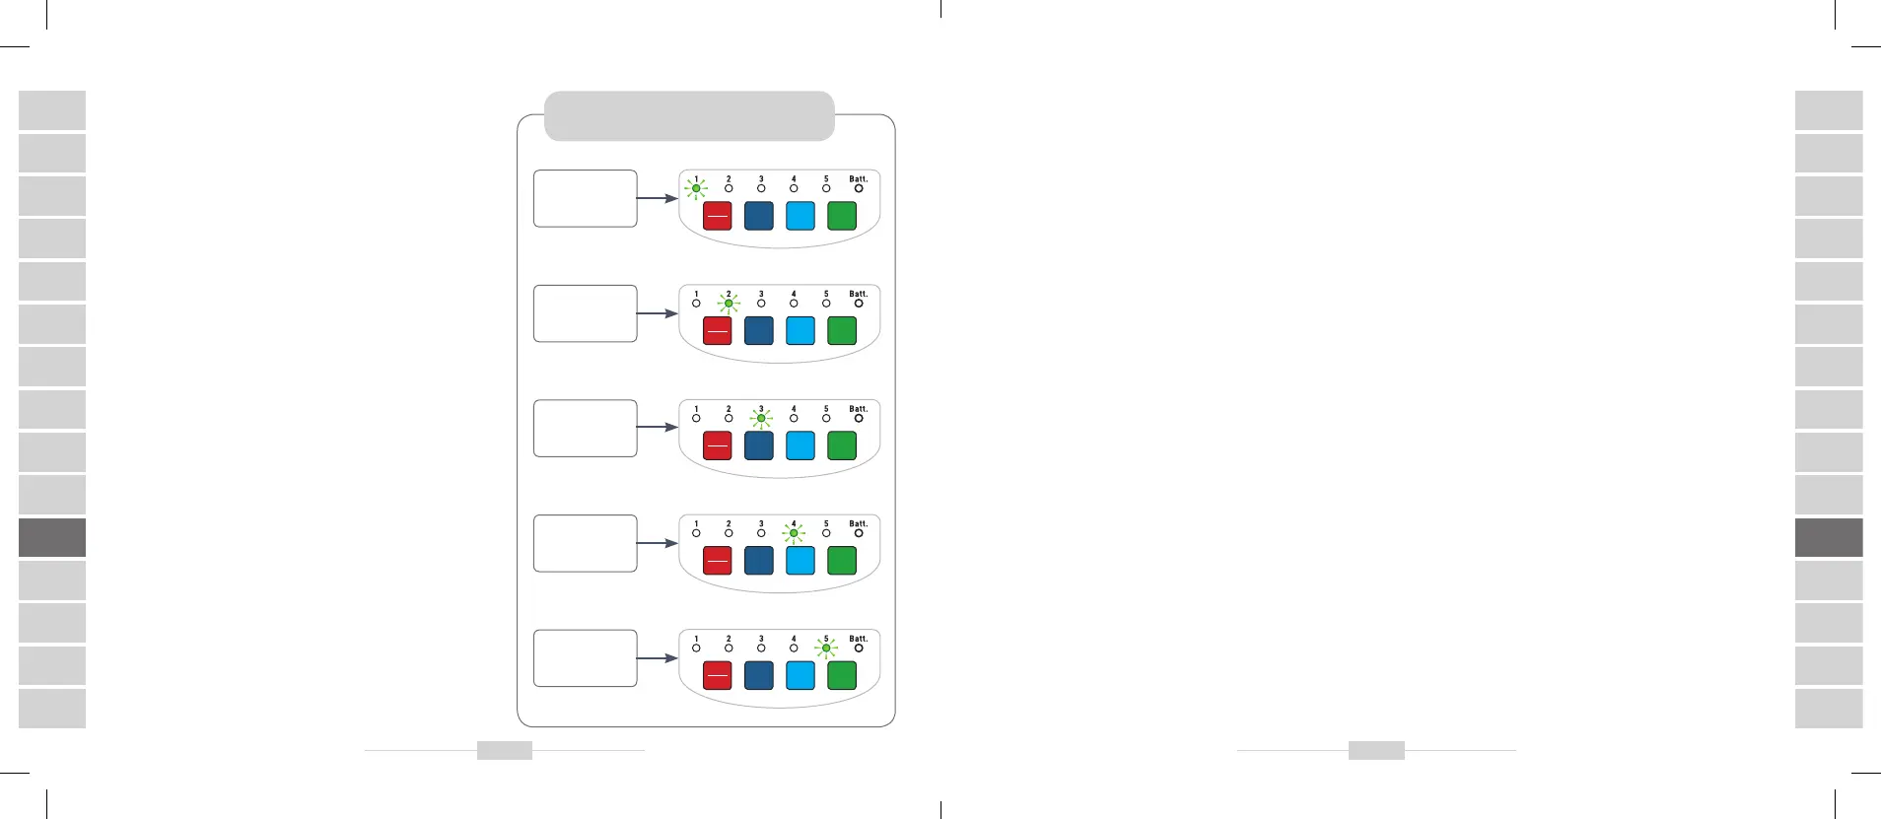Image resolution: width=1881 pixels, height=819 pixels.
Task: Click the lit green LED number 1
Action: coord(696,188)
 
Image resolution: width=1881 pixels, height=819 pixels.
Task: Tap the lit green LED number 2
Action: coord(729,304)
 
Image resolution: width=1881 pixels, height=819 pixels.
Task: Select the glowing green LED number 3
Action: coord(761,418)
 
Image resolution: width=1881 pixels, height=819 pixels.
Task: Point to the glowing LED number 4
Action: coord(794,533)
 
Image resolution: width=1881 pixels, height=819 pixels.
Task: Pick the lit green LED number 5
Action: coord(826,648)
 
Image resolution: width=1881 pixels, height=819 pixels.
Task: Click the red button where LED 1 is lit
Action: coord(717,216)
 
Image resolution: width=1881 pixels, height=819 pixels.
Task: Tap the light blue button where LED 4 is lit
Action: coord(800,561)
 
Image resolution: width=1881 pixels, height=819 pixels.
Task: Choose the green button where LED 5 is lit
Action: coord(842,675)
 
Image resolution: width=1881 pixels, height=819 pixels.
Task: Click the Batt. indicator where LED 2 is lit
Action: coord(859,304)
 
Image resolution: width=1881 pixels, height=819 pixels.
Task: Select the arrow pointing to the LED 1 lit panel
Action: coord(657,198)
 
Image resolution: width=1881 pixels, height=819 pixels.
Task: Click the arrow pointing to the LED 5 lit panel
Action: coord(657,658)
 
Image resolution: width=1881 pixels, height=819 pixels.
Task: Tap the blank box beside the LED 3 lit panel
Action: coord(585,428)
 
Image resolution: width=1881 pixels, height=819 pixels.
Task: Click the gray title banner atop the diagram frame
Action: coord(689,116)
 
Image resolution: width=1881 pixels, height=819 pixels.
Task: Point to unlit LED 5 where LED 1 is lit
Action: coord(826,188)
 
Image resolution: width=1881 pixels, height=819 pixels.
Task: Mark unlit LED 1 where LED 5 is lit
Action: coord(696,648)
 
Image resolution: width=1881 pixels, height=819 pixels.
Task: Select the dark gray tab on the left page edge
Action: coord(52,537)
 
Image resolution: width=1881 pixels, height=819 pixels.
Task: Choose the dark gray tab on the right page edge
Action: coord(1829,537)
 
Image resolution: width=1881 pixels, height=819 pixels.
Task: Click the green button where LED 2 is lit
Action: coord(842,331)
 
